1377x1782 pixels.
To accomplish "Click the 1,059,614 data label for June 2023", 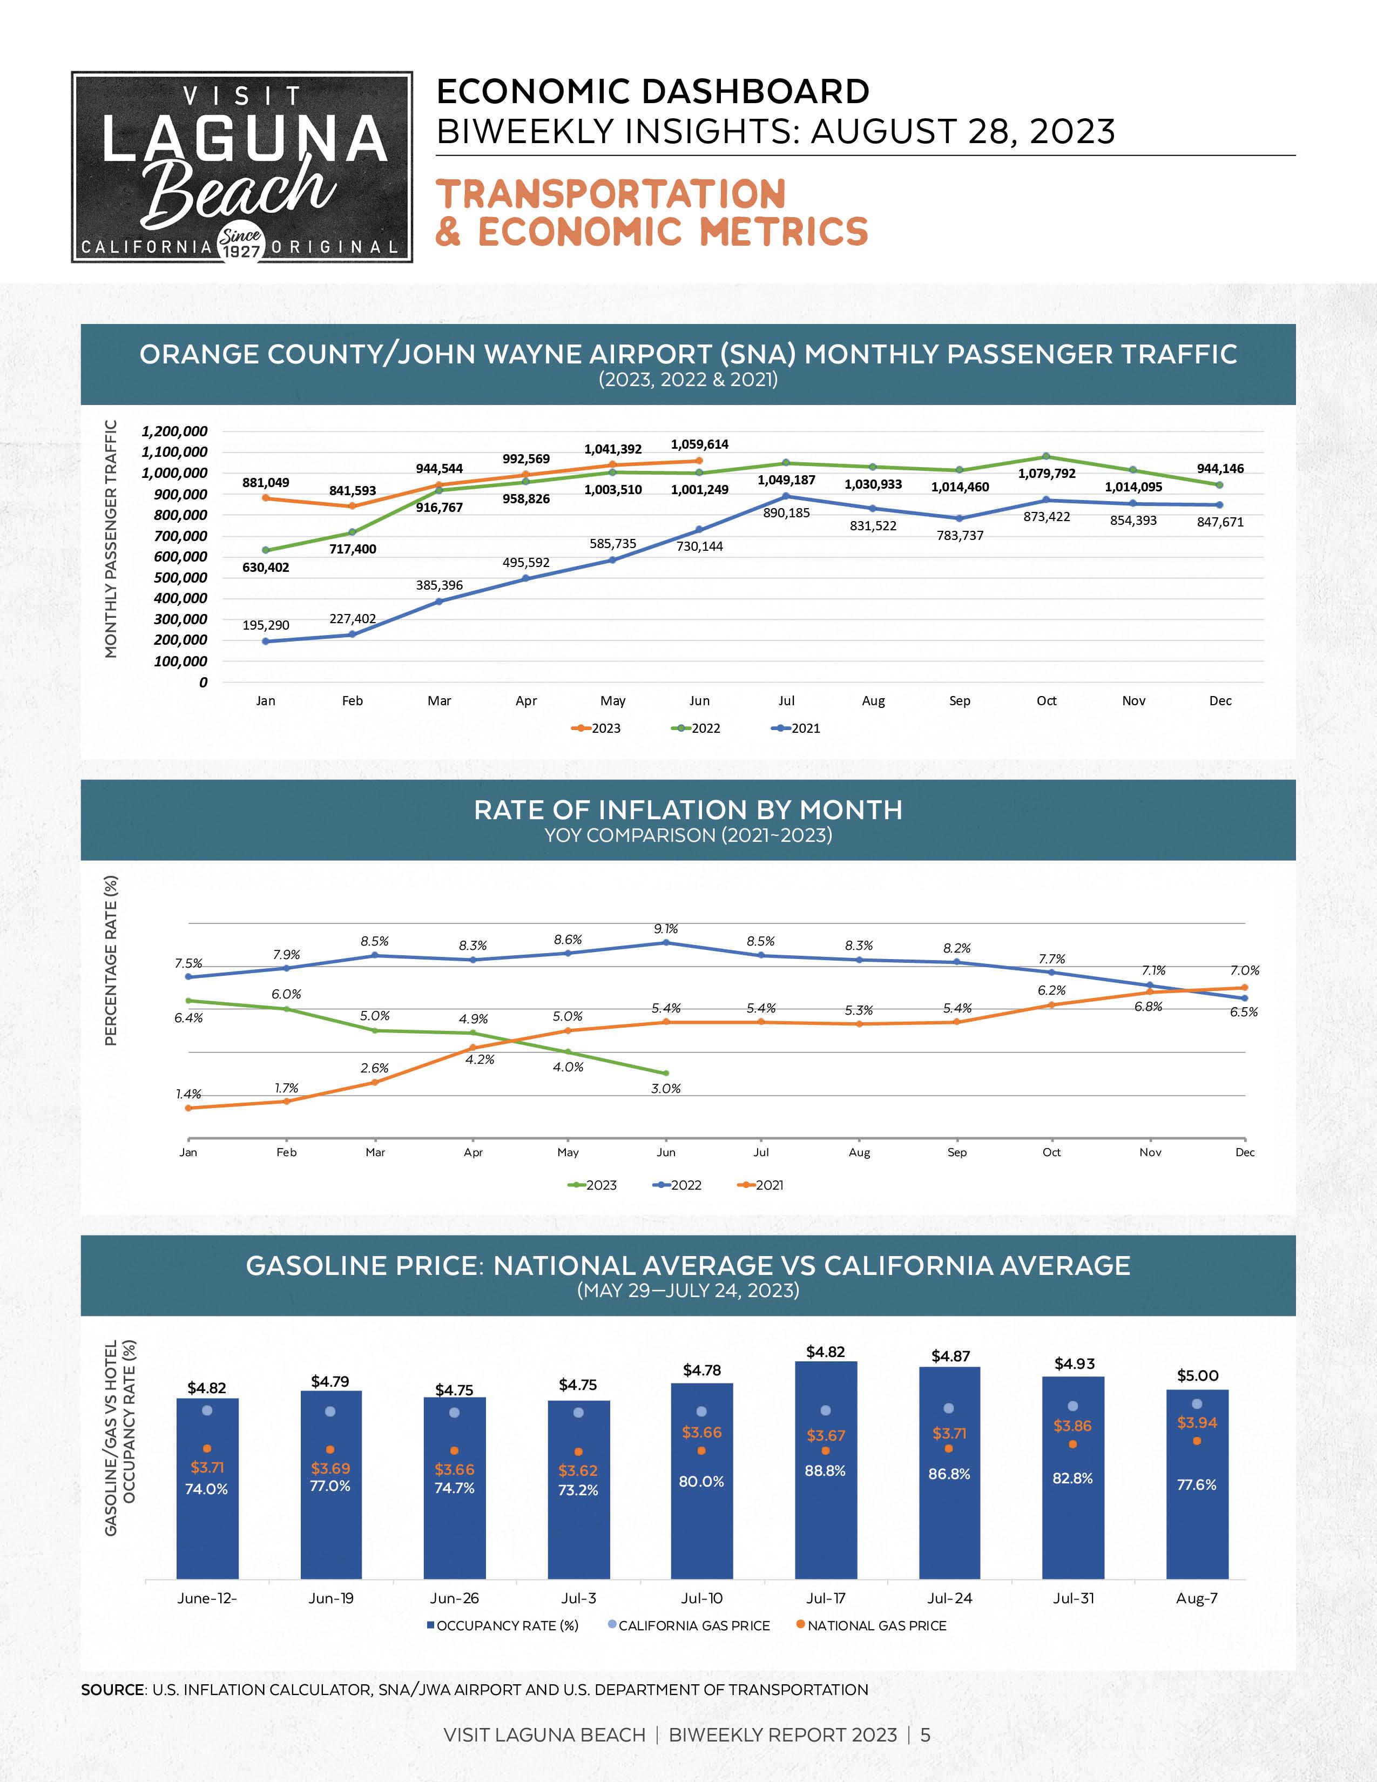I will click(699, 444).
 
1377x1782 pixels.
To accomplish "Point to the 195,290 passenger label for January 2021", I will click(266, 625).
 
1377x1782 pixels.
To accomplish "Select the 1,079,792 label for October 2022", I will click(1047, 473).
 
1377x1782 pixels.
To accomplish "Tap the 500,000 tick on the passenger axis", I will click(180, 578).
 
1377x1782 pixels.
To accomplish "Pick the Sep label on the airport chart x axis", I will click(960, 701).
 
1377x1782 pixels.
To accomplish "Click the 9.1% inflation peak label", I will click(666, 929).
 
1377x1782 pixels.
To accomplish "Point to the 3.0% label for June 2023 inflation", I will click(666, 1089).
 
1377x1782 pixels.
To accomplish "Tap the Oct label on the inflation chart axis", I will click(1051, 1152).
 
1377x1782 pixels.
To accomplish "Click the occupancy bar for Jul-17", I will click(826, 1509).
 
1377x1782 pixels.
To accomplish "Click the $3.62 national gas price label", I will click(578, 1470).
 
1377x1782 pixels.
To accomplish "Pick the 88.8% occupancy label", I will click(826, 1471).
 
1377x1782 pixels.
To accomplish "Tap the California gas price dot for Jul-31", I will click(1073, 1406).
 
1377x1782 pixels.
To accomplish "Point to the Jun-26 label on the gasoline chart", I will click(454, 1598).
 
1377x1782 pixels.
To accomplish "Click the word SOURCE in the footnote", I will click(112, 1689).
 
